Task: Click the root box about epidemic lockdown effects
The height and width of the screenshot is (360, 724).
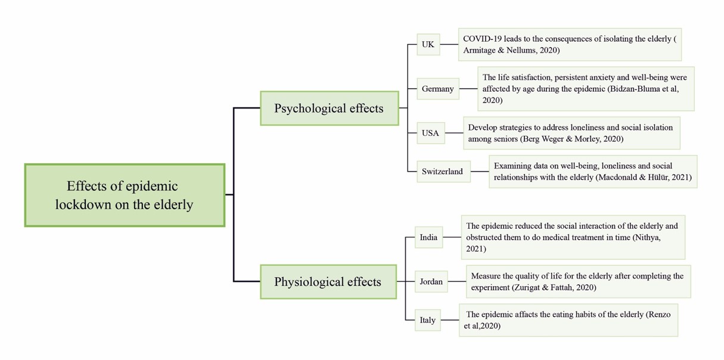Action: point(125,195)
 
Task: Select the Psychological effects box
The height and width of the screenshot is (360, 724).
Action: point(329,108)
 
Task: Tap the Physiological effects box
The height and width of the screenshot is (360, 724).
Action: point(328,282)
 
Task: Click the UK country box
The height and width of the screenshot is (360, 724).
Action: point(428,45)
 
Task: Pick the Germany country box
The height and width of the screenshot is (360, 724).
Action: point(437,89)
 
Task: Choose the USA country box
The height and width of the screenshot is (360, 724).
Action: point(430,133)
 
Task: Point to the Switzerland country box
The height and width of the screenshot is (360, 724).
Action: point(442,172)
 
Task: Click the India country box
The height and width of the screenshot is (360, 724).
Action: point(428,237)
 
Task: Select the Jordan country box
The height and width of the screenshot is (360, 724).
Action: point(431,281)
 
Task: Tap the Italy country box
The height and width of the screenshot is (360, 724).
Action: point(427,320)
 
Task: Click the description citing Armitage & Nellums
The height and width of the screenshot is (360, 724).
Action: point(569,45)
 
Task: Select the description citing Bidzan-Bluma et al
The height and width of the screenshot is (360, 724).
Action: point(585,89)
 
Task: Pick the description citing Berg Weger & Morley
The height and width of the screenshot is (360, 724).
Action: point(571,133)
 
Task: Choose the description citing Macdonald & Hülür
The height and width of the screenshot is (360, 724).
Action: point(592,172)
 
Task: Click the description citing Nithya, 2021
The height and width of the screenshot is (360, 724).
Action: point(573,237)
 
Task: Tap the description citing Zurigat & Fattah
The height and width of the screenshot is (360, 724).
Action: point(578,281)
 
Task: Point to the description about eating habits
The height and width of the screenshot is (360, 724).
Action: point(568,320)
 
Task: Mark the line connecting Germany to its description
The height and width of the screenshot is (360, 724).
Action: point(468,89)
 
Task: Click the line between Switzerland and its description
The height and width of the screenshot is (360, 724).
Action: point(479,172)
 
